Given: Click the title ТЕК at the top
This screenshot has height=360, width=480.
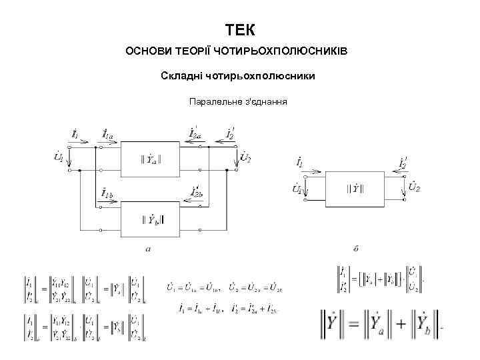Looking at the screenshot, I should click(240, 30).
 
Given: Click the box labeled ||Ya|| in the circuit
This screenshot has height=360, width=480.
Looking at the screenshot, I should click(151, 160).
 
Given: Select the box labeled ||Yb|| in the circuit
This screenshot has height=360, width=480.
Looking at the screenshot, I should click(151, 218).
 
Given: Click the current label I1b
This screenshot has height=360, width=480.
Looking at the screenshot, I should click(107, 193).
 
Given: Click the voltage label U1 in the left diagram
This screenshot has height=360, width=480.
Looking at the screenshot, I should click(59, 158).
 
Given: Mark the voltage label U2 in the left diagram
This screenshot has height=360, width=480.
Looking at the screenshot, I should click(245, 158).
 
